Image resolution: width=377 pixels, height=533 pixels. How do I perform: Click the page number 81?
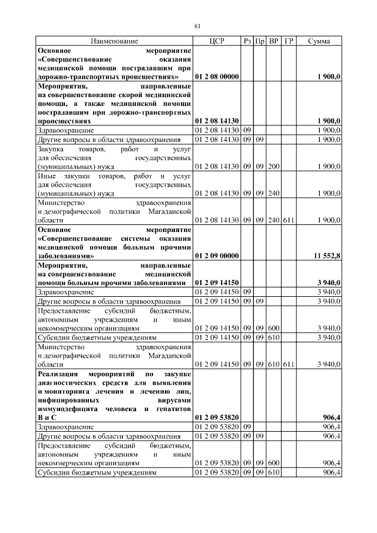pyautogui.click(x=198, y=25)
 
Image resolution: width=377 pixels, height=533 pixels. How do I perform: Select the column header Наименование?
pyautogui.click(x=114, y=41)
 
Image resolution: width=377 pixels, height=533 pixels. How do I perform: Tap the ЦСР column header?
pyautogui.click(x=217, y=41)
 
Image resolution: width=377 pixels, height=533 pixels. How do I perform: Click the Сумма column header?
pyautogui.click(x=319, y=41)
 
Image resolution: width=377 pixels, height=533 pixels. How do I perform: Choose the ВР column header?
pyautogui.click(x=273, y=41)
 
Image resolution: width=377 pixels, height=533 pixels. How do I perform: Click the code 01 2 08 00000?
pyautogui.click(x=216, y=77)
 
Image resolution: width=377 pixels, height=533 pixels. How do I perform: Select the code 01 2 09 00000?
pyautogui.click(x=216, y=256)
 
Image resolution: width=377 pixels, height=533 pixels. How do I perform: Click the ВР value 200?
pyautogui.click(x=273, y=167)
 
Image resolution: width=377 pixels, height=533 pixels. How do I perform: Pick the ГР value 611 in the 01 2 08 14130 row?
pyautogui.click(x=289, y=220)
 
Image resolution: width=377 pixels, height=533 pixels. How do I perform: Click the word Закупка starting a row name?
pyautogui.click(x=51, y=150)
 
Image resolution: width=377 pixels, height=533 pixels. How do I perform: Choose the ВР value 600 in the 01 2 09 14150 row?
pyautogui.click(x=273, y=327)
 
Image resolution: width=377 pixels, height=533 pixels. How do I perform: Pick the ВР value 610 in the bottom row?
pyautogui.click(x=273, y=472)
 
